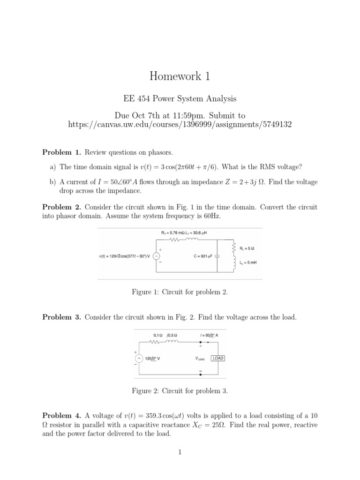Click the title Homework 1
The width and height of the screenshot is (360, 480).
click(180, 76)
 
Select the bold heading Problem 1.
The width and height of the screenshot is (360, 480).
click(62, 152)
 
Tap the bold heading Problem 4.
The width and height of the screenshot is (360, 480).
click(62, 415)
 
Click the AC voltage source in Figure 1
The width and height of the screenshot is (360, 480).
click(157, 255)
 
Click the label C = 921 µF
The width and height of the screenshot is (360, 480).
click(203, 256)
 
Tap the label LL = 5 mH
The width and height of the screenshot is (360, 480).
click(247, 262)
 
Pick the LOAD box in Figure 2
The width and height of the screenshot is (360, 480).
click(218, 358)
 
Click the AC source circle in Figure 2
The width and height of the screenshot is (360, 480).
click(140, 358)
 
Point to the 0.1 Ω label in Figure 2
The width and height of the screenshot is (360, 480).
click(158, 335)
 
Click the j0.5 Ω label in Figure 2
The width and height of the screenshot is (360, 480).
click(172, 335)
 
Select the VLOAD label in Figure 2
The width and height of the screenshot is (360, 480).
click(200, 359)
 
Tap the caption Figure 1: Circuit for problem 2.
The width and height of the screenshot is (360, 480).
click(180, 292)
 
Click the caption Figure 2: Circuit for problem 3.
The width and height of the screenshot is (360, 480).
click(180, 390)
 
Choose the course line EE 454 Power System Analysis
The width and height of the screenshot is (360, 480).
click(180, 99)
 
